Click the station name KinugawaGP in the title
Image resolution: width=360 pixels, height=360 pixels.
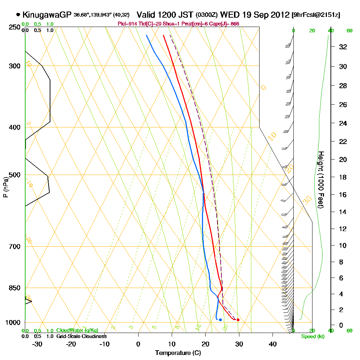(x=47, y=15)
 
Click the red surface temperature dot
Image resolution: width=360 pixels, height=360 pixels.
(x=238, y=320)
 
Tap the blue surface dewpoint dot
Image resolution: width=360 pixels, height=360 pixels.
(x=220, y=320)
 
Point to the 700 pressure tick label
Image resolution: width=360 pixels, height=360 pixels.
(x=14, y=247)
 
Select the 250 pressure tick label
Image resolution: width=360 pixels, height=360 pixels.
(x=14, y=27)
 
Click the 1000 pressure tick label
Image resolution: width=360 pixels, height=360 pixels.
(x=13, y=323)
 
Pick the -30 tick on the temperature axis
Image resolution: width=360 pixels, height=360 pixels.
(x=37, y=344)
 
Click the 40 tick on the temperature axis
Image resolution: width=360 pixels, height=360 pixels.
(x=273, y=344)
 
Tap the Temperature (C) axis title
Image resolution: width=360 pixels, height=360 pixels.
(x=178, y=353)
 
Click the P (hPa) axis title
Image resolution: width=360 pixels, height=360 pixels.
(x=5, y=187)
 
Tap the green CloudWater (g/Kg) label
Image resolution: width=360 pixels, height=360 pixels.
(x=77, y=330)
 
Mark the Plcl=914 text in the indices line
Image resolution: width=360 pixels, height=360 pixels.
(x=126, y=24)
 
